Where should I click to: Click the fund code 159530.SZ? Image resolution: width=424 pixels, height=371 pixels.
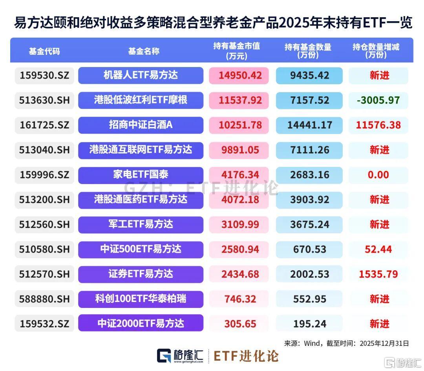[44, 75]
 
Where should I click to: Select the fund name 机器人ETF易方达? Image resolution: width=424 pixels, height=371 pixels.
[141, 75]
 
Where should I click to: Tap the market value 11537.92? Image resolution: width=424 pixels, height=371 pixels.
[240, 100]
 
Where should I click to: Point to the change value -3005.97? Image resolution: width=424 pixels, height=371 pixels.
[378, 100]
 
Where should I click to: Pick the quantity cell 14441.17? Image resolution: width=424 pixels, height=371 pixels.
[309, 125]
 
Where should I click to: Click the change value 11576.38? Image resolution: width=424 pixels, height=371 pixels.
[378, 125]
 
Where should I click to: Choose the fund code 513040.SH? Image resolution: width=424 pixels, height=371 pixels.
[44, 150]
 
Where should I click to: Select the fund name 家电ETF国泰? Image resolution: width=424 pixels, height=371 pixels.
[141, 175]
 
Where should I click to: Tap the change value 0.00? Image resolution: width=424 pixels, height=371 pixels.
[378, 175]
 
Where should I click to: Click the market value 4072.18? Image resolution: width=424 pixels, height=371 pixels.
[240, 200]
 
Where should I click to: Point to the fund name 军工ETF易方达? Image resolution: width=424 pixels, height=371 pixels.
[141, 224]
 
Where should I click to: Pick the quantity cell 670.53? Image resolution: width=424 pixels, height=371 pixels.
[309, 249]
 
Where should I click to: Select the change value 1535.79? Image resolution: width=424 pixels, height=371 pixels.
[378, 274]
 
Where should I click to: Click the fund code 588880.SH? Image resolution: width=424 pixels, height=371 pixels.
[44, 299]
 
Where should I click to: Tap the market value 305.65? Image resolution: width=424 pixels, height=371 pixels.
[240, 324]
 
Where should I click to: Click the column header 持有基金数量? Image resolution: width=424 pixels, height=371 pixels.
[308, 51]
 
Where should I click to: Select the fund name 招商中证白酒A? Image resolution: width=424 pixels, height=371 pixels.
[141, 125]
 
